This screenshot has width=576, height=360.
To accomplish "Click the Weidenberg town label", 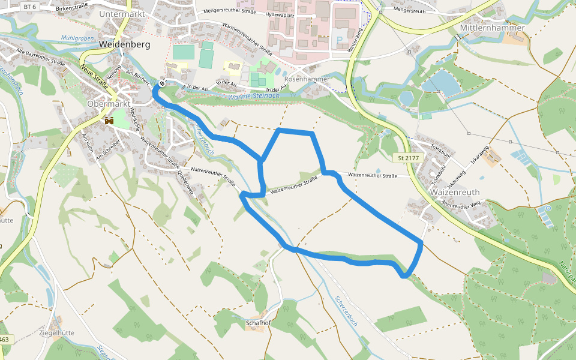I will click(x=124, y=44).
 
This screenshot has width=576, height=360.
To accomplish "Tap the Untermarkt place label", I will click(x=123, y=14).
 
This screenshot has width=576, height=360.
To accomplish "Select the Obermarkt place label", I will click(x=109, y=103).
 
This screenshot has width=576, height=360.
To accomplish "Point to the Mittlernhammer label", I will click(x=492, y=28).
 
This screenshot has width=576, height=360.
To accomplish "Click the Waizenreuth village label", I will click(x=454, y=193).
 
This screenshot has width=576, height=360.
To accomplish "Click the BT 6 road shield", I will click(x=29, y=6).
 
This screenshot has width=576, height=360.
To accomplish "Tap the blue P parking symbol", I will click(x=340, y=40).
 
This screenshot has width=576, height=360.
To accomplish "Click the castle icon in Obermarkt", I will click(x=109, y=121).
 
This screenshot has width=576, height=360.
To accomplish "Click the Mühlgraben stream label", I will click(x=77, y=38).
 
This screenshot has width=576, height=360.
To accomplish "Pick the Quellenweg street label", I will click(x=185, y=181).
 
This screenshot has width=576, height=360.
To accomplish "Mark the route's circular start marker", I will click(x=161, y=83).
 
